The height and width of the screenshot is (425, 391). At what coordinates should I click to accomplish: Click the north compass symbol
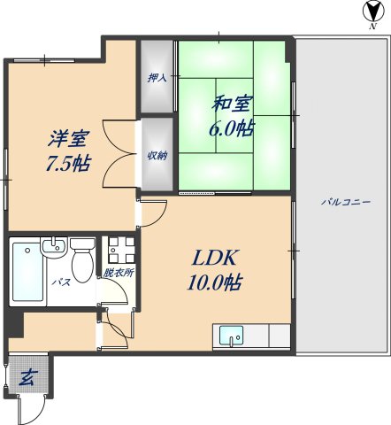369,12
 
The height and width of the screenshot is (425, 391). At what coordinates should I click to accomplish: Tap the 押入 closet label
157,78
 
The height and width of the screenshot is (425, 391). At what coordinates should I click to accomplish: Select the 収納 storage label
157,155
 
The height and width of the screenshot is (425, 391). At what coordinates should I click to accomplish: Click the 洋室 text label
69,140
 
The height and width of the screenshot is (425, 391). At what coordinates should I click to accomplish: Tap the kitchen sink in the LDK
231,336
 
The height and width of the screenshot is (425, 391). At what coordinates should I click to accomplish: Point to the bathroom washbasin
54,247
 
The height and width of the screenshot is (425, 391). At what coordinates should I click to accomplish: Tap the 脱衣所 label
118,273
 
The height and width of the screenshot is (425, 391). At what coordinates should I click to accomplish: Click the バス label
62,283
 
